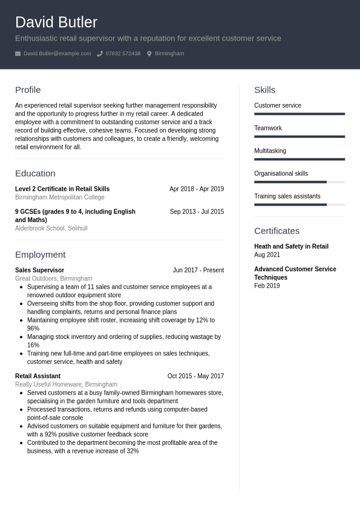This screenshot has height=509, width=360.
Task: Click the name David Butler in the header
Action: pyautogui.click(x=56, y=22)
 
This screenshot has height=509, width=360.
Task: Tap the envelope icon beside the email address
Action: pyautogui.click(x=18, y=54)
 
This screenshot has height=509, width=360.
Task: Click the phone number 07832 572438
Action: pyautogui.click(x=123, y=54)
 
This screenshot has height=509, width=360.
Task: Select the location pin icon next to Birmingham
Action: pyautogui.click(x=149, y=54)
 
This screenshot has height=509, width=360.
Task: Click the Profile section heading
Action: pyautogui.click(x=28, y=90)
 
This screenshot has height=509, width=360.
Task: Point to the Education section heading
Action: pyautogui.click(x=35, y=173)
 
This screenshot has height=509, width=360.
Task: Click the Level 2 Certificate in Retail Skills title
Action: pyautogui.click(x=62, y=189)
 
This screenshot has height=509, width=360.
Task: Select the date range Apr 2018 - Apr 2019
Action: pyautogui.click(x=197, y=189)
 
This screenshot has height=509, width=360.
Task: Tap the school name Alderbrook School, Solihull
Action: pyautogui.click(x=51, y=228)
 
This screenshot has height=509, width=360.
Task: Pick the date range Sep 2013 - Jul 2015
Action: pyautogui.click(x=197, y=212)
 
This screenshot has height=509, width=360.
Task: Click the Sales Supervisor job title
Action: pyautogui.click(x=39, y=271)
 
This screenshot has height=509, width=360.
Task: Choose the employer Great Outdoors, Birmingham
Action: pyautogui.click(x=54, y=278)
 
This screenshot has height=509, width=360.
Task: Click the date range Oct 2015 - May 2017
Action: pyautogui.click(x=195, y=376)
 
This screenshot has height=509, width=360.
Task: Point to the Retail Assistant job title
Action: pyautogui.click(x=38, y=376)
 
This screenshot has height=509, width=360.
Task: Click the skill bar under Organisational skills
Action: pyautogui.click(x=299, y=182)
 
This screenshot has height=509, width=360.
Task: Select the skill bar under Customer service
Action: pyautogui.click(x=299, y=114)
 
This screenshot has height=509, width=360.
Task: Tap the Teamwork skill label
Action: pyautogui.click(x=268, y=128)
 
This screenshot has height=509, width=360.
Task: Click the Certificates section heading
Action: pyautogui.click(x=277, y=231)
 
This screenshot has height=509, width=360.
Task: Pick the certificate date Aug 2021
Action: pyautogui.click(x=267, y=255)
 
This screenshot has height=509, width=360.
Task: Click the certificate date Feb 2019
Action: pyautogui.click(x=267, y=286)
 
